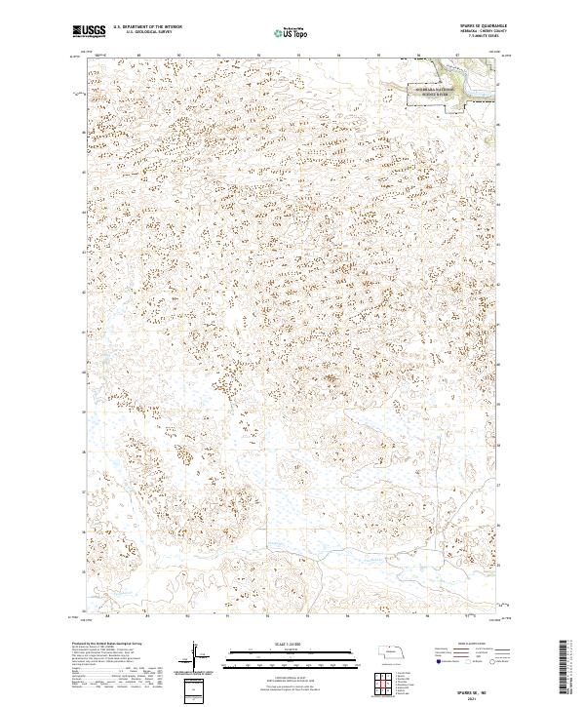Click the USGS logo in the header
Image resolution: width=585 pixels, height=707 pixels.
(x=89, y=32)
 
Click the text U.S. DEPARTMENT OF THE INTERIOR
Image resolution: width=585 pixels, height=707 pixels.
(x=146, y=28)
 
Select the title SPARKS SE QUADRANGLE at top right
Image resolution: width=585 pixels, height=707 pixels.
(x=477, y=26)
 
